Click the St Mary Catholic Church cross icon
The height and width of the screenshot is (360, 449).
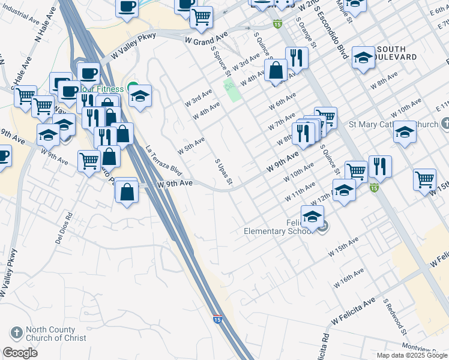(x=444, y=124)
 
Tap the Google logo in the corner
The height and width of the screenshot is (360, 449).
(x=20, y=353)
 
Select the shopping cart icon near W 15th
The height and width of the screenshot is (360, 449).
(x=424, y=179)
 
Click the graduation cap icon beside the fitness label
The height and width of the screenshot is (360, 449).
(x=140, y=96)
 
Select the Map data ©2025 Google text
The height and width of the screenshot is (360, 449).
(x=411, y=355)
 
